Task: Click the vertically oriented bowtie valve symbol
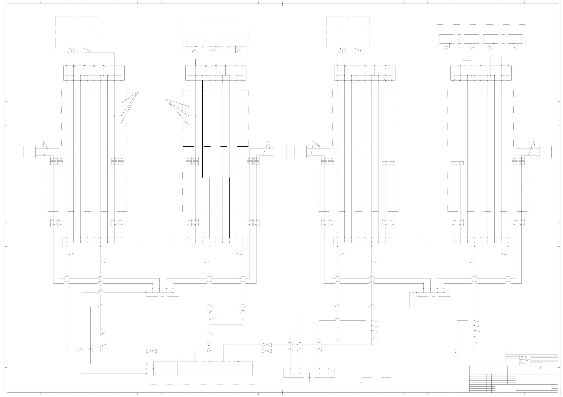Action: [x=209, y=347]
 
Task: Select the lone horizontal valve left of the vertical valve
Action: [x=151, y=351]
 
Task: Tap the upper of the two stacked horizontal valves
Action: [x=266, y=345]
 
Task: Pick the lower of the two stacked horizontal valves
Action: [x=266, y=351]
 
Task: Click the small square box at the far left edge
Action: [x=30, y=152]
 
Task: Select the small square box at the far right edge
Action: [x=545, y=152]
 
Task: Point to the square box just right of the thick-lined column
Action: [x=280, y=152]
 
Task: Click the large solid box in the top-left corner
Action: [x=77, y=32]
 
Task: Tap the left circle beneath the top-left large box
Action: [x=72, y=51]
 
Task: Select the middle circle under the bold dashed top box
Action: [x=213, y=51]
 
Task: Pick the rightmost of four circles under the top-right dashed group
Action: [x=516, y=47]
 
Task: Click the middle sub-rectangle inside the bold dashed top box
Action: [x=216, y=42]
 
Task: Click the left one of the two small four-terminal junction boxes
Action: [x=162, y=292]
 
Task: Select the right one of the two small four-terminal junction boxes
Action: [x=433, y=292]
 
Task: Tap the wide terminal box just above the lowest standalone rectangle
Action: [x=309, y=373]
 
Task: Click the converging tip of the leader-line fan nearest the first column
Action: [x=138, y=92]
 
